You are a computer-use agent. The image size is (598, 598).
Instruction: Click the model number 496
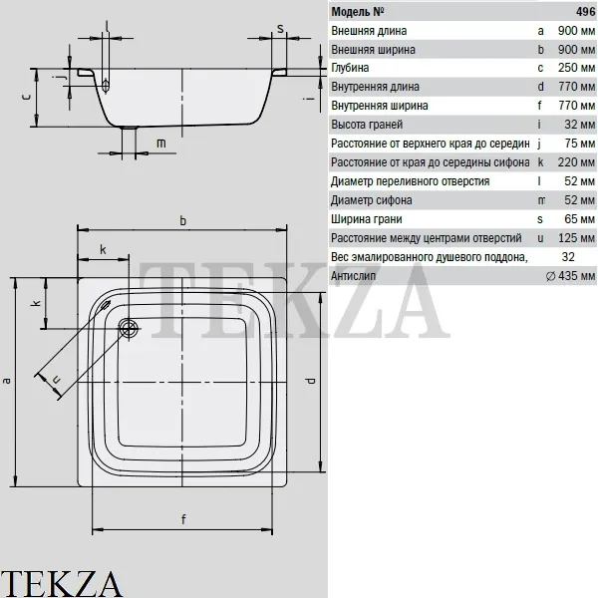[585, 11]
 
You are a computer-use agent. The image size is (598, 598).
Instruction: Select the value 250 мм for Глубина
[576, 68]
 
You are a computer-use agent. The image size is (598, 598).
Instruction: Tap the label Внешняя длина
[369, 31]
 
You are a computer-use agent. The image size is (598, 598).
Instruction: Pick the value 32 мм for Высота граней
[579, 125]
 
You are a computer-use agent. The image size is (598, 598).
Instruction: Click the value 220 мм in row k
[576, 162]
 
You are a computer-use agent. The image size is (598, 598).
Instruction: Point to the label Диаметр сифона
[371, 200]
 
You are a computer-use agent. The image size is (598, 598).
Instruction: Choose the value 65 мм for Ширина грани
[579, 219]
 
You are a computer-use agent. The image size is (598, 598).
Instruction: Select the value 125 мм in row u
[576, 238]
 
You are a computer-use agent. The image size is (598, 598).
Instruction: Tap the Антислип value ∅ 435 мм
[570, 276]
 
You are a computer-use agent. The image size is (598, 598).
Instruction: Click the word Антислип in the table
[353, 276]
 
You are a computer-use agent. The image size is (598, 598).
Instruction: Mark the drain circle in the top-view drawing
[129, 328]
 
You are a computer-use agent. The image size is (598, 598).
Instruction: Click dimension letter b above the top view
[183, 221]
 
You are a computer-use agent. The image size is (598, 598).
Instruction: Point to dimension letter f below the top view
[183, 519]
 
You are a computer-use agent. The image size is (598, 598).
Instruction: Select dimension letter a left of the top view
[6, 381]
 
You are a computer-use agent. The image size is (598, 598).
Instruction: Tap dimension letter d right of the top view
[310, 381]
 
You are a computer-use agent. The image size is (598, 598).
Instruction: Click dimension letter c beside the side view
[26, 97]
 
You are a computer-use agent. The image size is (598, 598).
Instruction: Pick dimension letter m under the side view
[160, 144]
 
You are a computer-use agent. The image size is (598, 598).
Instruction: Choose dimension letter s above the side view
[280, 29]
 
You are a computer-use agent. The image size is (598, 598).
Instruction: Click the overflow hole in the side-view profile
[106, 86]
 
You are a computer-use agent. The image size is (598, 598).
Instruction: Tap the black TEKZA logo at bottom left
[61, 583]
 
